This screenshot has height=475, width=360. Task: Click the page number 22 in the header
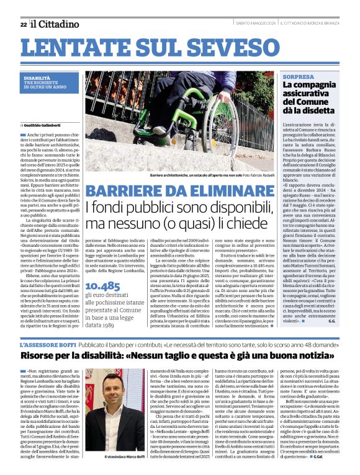tap(23, 25)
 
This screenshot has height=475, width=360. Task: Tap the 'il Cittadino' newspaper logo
tap(56, 24)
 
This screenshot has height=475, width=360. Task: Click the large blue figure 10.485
tap(102, 303)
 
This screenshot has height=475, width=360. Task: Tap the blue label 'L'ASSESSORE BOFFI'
tap(48, 344)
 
